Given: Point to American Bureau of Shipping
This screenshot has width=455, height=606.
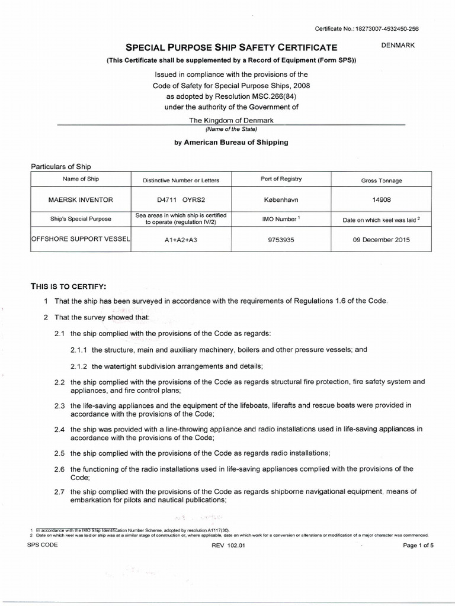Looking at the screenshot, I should pyautogui.click(x=236, y=143).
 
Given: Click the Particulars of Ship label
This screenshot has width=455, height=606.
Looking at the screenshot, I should pyautogui.click(x=60, y=166).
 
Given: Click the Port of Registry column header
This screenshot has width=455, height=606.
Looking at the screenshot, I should pyautogui.click(x=281, y=179).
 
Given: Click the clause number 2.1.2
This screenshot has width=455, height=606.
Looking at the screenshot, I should pyautogui.click(x=79, y=366).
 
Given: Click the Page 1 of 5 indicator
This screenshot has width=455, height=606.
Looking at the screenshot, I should pyautogui.click(x=418, y=546).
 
